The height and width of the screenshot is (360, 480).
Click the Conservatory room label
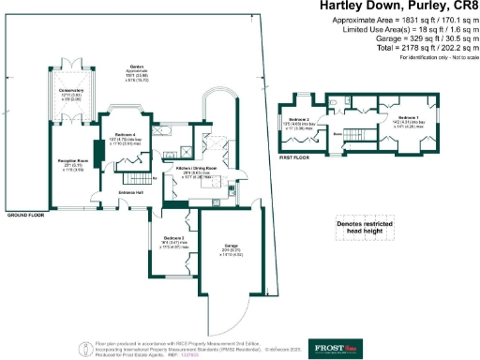pyautogui.click(x=72, y=91)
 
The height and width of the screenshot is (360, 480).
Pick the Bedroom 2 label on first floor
pyautogui.click(x=300, y=121)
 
